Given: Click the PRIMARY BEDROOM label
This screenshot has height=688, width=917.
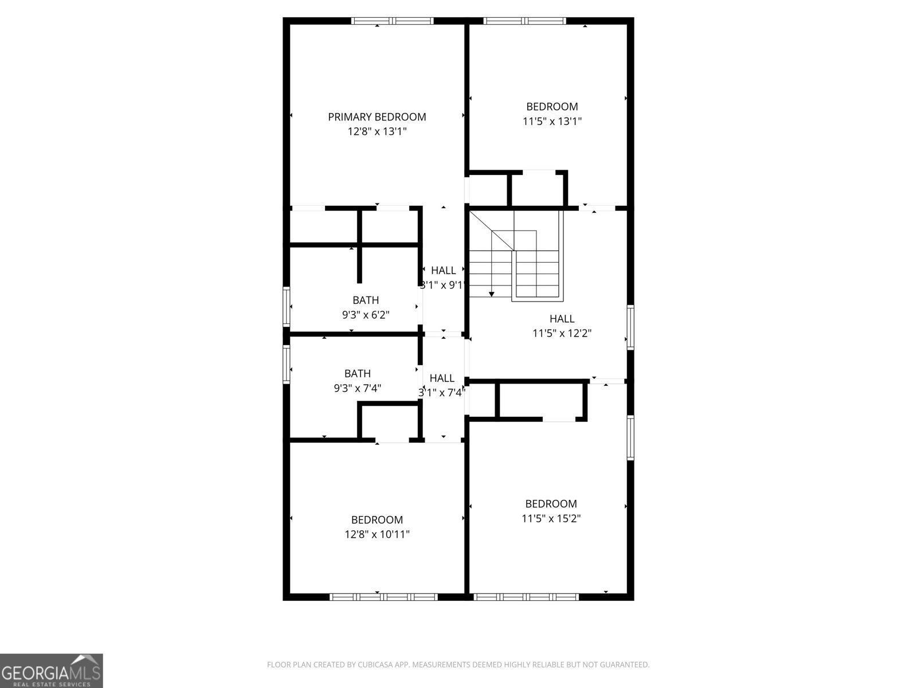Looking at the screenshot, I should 377,117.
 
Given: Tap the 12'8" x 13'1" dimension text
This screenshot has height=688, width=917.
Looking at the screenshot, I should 377,132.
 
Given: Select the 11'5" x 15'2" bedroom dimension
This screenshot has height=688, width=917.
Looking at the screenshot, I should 551,519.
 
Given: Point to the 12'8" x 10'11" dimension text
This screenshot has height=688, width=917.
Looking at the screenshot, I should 377,535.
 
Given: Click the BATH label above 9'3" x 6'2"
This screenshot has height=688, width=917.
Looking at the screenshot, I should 366,300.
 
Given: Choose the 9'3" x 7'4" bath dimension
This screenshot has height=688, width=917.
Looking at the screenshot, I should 358,388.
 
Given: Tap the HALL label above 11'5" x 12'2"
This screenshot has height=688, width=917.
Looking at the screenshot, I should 562,319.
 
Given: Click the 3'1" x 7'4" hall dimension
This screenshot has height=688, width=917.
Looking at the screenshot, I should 441,393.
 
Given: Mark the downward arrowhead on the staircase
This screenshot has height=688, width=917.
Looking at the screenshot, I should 491,294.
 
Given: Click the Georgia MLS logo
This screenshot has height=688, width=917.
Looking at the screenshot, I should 51,670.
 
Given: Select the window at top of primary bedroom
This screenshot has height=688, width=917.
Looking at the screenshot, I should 392,21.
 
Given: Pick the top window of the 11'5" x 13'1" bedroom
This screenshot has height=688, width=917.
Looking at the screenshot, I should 525,21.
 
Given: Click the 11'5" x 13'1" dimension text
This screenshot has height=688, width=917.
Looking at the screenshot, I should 552,122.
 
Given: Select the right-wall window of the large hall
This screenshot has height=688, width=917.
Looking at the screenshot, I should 630,327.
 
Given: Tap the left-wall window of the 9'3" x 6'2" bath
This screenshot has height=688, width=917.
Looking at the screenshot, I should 286,306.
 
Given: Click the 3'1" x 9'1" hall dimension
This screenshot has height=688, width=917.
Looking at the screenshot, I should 442,285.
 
